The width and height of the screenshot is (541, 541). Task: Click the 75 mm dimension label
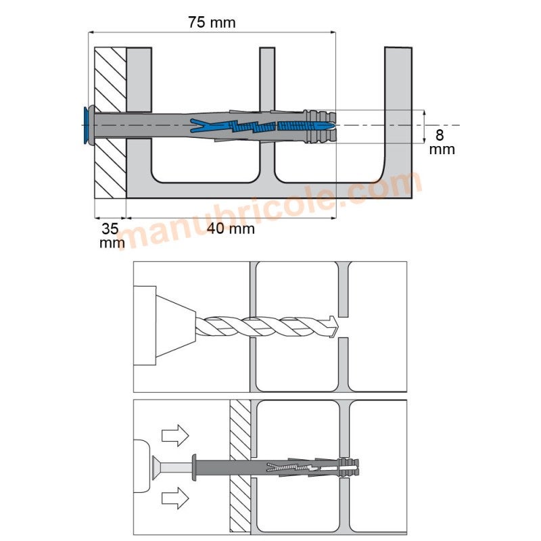tap(212, 22)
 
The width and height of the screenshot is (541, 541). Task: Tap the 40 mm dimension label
tap(231, 229)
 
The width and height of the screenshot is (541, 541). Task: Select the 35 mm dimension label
tap(112, 235)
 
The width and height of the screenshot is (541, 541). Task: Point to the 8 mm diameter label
tap(442, 142)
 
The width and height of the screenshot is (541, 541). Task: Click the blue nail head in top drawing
tap(86, 124)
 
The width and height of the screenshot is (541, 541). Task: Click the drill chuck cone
tap(176, 326)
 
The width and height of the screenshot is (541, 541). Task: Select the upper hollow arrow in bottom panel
tap(175, 436)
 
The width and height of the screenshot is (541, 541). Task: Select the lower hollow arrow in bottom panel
tap(175, 498)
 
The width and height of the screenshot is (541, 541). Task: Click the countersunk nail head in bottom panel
tap(156, 467)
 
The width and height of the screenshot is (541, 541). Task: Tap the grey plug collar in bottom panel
tap(194, 467)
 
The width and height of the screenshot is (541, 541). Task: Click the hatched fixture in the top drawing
tap(110, 123)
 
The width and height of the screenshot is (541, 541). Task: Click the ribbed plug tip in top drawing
tap(319, 126)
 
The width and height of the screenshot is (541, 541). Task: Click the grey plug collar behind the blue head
tap(92, 124)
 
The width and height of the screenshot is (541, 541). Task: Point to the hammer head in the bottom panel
tap(143, 466)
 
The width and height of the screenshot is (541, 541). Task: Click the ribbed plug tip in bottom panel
tap(350, 467)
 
